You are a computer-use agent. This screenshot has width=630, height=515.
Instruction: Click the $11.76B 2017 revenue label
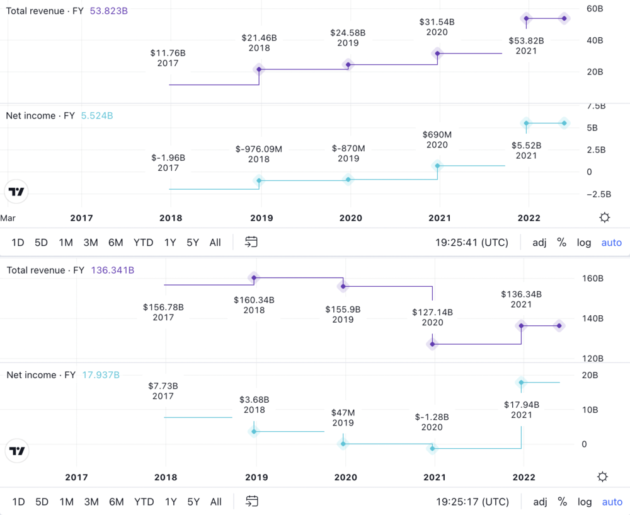(168, 58)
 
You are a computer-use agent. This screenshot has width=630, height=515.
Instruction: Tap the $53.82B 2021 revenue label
(526, 46)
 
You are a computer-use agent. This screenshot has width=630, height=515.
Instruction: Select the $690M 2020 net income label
(437, 140)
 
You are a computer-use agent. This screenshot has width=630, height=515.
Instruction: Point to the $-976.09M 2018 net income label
(258, 154)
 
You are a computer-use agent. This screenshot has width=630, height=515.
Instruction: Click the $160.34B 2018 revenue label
(254, 305)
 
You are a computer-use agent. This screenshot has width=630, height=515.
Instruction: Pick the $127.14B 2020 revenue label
(433, 318)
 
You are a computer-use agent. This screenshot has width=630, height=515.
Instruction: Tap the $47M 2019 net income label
(343, 418)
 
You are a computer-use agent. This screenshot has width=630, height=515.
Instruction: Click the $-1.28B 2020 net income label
(433, 422)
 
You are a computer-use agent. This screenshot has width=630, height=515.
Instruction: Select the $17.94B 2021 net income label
(522, 410)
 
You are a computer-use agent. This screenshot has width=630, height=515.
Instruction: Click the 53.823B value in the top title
(108, 11)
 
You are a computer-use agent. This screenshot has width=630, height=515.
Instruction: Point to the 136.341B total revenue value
(112, 270)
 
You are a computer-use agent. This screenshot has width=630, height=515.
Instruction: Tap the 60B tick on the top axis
(595, 9)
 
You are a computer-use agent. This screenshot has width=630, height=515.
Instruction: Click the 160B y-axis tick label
(592, 278)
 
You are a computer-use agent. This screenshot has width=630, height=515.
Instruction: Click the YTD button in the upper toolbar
(143, 243)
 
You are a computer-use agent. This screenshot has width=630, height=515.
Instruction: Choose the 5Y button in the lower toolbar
(193, 502)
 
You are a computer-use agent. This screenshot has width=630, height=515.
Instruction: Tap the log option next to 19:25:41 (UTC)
(584, 243)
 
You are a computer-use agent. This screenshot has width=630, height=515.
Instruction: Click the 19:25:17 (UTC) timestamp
(472, 502)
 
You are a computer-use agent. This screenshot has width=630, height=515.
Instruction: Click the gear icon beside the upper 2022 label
(605, 217)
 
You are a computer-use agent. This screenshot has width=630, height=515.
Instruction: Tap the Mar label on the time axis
(8, 218)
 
